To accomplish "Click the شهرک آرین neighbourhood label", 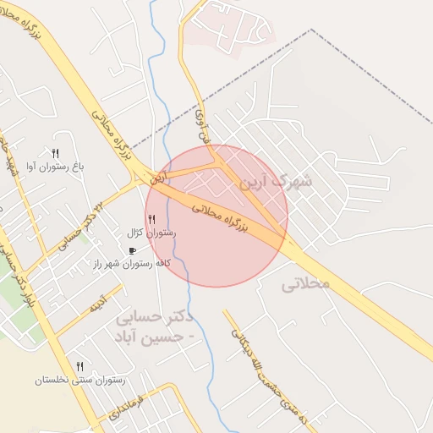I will [276, 181].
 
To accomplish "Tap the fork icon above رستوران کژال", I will [151, 220].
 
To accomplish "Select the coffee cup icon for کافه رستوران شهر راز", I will [131, 251].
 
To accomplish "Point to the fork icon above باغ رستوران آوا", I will [55, 154].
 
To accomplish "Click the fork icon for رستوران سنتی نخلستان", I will [79, 366].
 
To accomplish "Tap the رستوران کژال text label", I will [151, 233].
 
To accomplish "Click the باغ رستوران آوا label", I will [56, 167].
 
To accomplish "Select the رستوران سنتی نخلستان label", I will [79, 380].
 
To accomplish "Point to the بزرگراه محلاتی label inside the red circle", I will [218, 215].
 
